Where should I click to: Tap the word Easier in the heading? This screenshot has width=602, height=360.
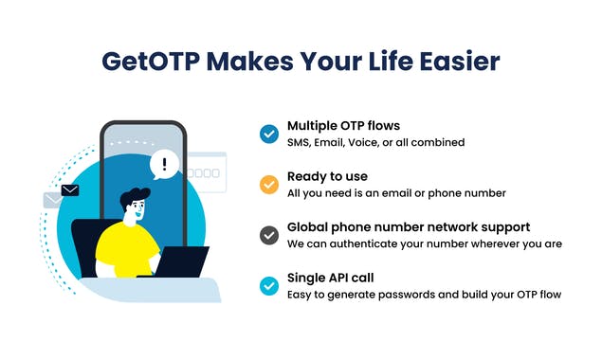click(456, 62)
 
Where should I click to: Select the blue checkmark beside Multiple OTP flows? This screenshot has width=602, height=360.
click(268, 134)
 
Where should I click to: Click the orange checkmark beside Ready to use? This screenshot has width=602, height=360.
click(268, 185)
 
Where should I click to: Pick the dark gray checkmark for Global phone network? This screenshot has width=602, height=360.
click(268, 236)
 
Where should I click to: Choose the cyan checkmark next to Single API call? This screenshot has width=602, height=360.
click(268, 286)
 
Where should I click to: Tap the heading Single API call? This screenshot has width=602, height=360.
click(332, 279)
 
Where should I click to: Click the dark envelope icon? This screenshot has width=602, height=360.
click(69, 190)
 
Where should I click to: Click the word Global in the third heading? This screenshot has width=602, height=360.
click(308, 227)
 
